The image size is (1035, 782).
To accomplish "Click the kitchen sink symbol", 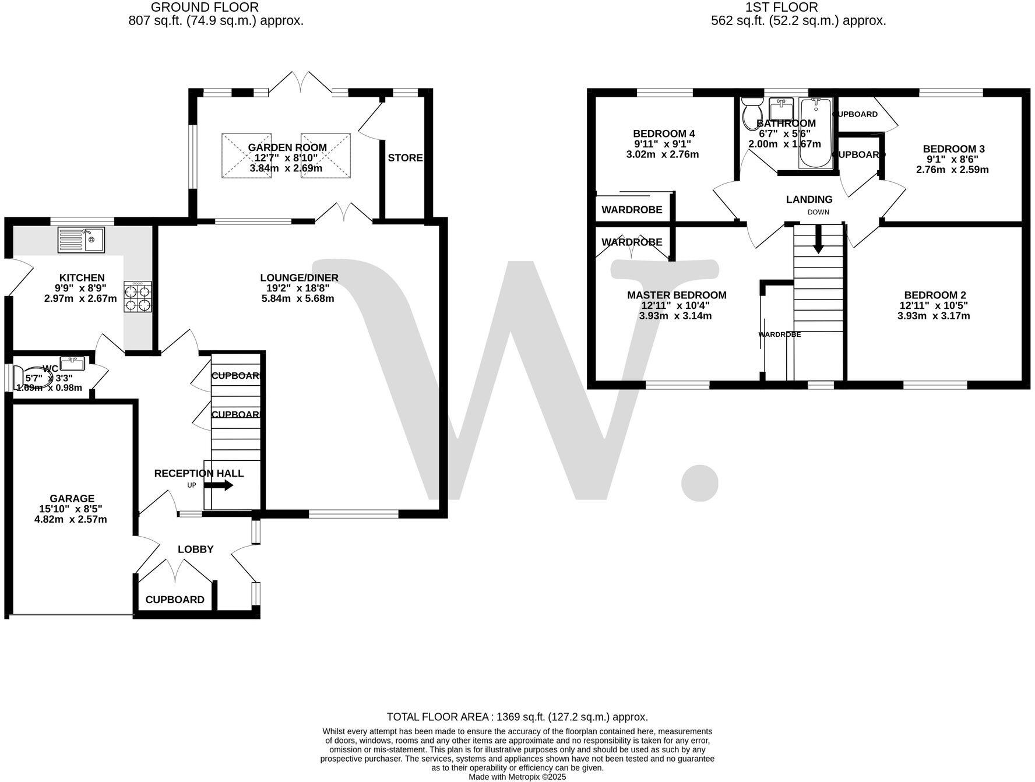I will tap(81, 239).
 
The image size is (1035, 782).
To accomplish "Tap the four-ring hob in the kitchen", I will tap(138, 297).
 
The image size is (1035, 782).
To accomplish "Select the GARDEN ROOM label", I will tap(287, 148).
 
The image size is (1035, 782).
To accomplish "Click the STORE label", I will tap(405, 158).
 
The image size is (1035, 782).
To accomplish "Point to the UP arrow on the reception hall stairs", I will tap(222, 485).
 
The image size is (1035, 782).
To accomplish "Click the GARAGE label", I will tap(72, 499).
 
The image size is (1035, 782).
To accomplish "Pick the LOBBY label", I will tap(196, 549).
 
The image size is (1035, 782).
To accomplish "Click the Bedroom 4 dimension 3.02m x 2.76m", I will tap(663, 154).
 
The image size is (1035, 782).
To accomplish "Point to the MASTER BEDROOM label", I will tap(677, 295).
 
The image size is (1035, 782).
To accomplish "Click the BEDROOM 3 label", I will tap(953, 149).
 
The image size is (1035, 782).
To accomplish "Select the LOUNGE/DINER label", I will tap(299, 278).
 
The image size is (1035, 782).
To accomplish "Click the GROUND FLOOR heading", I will tap(205, 8).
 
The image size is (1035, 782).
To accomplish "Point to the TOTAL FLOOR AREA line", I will tap(517, 717).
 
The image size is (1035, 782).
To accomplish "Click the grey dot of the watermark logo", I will tap(699, 481).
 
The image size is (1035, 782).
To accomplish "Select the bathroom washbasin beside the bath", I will tap(780, 108).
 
